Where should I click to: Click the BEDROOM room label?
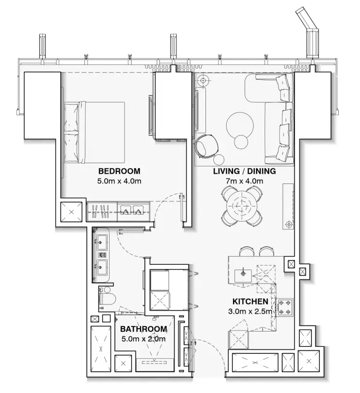pyautogui.click(x=119, y=171)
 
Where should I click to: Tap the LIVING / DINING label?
pyautogui.click(x=244, y=171)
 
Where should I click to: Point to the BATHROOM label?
pyautogui.click(x=143, y=329)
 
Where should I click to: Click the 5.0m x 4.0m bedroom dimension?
pyautogui.click(x=119, y=181)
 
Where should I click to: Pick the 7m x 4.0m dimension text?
pyautogui.click(x=245, y=181)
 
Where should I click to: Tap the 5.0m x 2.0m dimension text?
pyautogui.click(x=143, y=339)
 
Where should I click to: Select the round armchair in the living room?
pyautogui.click(x=207, y=145)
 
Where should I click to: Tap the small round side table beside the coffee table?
pyautogui.click(x=241, y=142)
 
